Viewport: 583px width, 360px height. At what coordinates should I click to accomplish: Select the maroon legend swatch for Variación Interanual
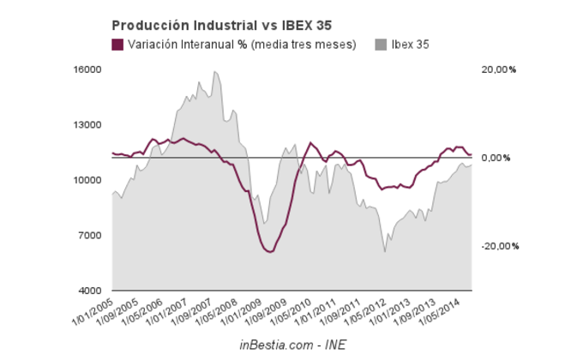(x=117, y=45)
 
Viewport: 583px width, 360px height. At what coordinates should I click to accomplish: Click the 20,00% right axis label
(x=500, y=69)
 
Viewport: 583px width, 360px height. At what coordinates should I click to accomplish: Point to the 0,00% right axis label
(x=498, y=158)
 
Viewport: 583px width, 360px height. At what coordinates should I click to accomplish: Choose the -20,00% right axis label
(x=500, y=247)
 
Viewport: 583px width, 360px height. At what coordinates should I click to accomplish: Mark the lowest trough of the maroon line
(x=269, y=252)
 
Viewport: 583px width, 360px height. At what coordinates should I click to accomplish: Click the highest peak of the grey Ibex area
(x=214, y=71)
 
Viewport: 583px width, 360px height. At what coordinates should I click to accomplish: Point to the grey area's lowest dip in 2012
(x=385, y=251)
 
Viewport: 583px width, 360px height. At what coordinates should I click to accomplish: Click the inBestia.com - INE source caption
(x=291, y=344)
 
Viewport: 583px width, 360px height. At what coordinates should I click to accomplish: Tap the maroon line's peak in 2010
(x=310, y=142)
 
